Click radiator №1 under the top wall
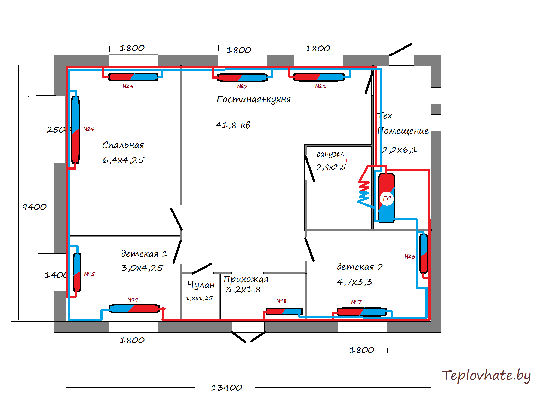click(319, 77)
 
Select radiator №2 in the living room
click(242, 77)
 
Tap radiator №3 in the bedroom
click(133, 77)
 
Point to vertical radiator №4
click(75, 130)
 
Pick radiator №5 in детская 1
click(77, 272)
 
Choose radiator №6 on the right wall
click(424, 253)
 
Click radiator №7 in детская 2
click(361, 312)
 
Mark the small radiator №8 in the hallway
click(284, 311)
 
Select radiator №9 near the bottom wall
click(134, 308)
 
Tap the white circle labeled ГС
click(387, 198)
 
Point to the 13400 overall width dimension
click(226, 387)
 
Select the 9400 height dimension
click(34, 207)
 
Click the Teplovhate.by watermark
click(486, 376)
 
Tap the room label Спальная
click(123, 145)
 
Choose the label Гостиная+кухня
click(253, 99)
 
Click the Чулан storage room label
click(201, 285)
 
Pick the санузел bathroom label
click(330, 154)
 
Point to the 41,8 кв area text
click(232, 125)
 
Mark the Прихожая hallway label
click(246, 279)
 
